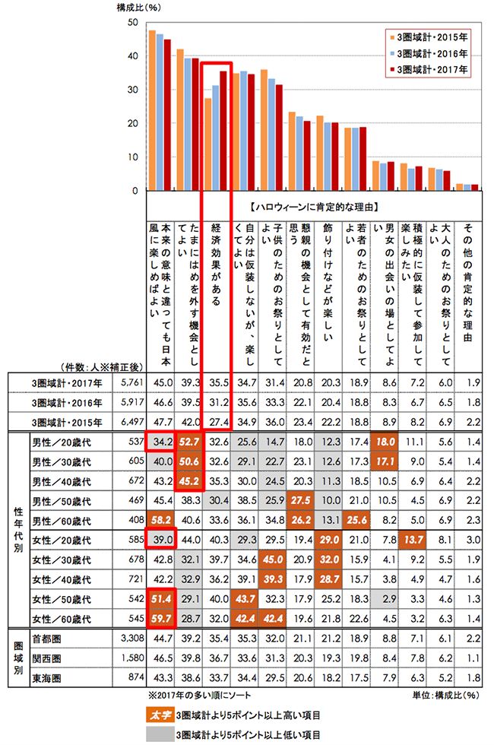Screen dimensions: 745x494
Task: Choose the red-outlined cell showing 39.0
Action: click(162, 539)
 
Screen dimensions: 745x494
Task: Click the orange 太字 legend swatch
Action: click(159, 714)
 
